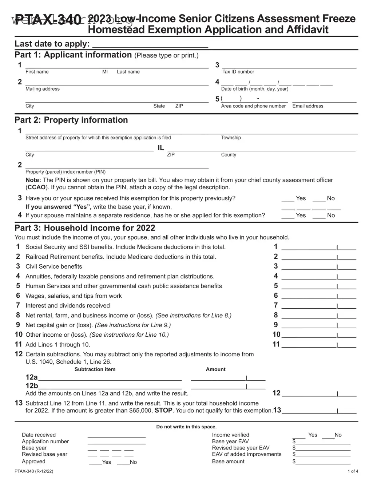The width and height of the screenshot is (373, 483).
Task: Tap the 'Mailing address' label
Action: (43, 89)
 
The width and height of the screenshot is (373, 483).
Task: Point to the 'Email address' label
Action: (307, 106)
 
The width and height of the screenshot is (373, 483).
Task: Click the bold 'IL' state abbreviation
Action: (160, 148)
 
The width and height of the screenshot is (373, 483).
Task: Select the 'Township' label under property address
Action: (231, 138)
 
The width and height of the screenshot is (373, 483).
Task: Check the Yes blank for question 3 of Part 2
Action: (287, 199)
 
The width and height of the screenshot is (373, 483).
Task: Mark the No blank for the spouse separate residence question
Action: (319, 216)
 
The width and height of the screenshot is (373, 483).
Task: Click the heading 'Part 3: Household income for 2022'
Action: (85, 228)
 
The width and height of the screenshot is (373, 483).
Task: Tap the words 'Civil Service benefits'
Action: (54, 266)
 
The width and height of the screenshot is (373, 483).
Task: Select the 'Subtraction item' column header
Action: (95, 369)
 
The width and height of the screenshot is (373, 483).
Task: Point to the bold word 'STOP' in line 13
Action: (163, 411)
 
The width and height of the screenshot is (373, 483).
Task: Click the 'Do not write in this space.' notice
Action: (186, 427)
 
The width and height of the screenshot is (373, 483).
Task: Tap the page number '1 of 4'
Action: (353, 471)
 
